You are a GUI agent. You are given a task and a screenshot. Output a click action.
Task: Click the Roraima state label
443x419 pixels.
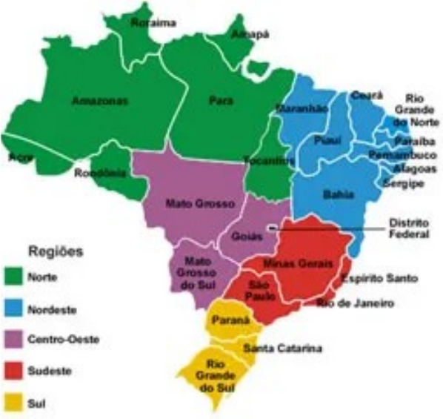(153, 23)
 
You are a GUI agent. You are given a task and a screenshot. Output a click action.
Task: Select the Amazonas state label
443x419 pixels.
(100, 100)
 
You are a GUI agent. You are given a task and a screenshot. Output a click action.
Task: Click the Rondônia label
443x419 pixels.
(100, 173)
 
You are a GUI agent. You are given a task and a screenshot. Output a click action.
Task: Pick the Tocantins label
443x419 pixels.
(263, 160)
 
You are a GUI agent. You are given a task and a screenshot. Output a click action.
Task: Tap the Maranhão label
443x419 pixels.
(302, 108)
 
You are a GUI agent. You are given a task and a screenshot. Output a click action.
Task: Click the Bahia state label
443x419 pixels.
(338, 194)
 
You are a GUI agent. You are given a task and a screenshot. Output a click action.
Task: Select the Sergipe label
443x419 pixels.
(403, 182)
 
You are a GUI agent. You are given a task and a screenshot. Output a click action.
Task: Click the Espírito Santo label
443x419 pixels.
(379, 278)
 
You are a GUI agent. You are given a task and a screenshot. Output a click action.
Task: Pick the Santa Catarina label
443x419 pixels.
(283, 349)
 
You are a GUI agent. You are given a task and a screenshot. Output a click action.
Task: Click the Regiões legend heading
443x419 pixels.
(54, 250)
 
